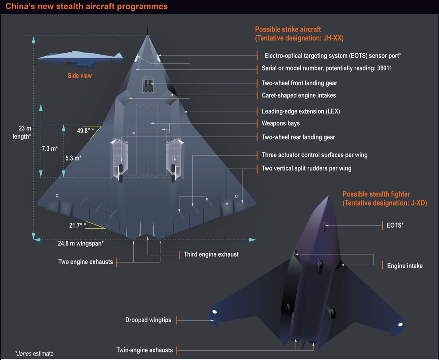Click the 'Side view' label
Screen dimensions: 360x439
[80, 76]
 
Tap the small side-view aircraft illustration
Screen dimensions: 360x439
[81, 59]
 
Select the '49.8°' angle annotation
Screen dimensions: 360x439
[85, 131]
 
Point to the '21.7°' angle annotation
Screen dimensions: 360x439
[77, 225]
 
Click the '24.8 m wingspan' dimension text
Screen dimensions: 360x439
[81, 243]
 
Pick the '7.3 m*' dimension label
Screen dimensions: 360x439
[50, 149]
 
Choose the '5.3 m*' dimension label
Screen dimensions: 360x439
[73, 158]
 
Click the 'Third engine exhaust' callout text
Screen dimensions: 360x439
[211, 254]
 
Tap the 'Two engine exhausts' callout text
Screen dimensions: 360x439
[85, 262]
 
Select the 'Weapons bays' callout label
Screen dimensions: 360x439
[281, 123]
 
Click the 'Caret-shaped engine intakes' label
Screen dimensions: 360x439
[299, 95]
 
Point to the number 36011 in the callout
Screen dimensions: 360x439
[384, 68]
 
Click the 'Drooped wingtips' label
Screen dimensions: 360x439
[148, 320]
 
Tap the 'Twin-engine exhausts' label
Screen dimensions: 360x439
[144, 350]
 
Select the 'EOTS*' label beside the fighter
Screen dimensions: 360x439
[395, 225]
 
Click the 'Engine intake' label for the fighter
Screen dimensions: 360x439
[405, 266]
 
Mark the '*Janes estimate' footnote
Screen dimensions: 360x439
[34, 353]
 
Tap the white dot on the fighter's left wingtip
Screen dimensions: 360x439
[214, 312]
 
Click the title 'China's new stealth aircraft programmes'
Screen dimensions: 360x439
[86, 7]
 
